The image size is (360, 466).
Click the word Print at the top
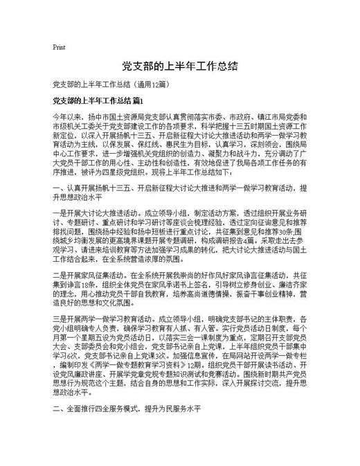[59, 48]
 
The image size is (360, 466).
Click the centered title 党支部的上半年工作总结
[180, 66]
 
